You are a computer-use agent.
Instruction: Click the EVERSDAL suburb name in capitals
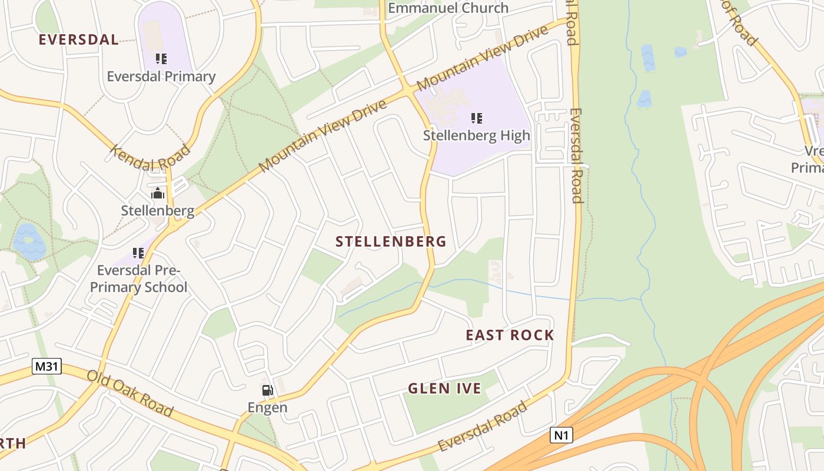point(78,40)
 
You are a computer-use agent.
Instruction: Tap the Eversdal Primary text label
point(161,77)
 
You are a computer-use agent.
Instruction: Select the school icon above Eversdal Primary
point(161,58)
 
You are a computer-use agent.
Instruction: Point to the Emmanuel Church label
point(448,8)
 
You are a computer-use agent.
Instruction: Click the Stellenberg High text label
point(476,135)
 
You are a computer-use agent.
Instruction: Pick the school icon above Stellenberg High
point(477,118)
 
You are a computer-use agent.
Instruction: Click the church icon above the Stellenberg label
point(158,193)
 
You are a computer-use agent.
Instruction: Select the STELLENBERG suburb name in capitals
point(391,241)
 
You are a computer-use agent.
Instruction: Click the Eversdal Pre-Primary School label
point(142,278)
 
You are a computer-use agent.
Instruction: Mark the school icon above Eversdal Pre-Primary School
point(138,253)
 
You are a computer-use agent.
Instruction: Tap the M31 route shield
point(46,366)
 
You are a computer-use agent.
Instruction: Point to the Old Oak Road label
point(130,393)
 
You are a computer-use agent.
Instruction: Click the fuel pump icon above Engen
point(267,390)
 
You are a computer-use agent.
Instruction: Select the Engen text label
point(267,407)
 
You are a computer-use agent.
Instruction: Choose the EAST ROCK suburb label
point(510,335)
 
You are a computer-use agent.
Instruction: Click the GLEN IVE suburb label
point(444,389)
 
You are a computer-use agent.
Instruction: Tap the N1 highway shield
point(561,435)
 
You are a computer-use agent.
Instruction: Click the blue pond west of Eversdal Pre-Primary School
point(28,241)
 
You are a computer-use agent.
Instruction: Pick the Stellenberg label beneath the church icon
point(158,210)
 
